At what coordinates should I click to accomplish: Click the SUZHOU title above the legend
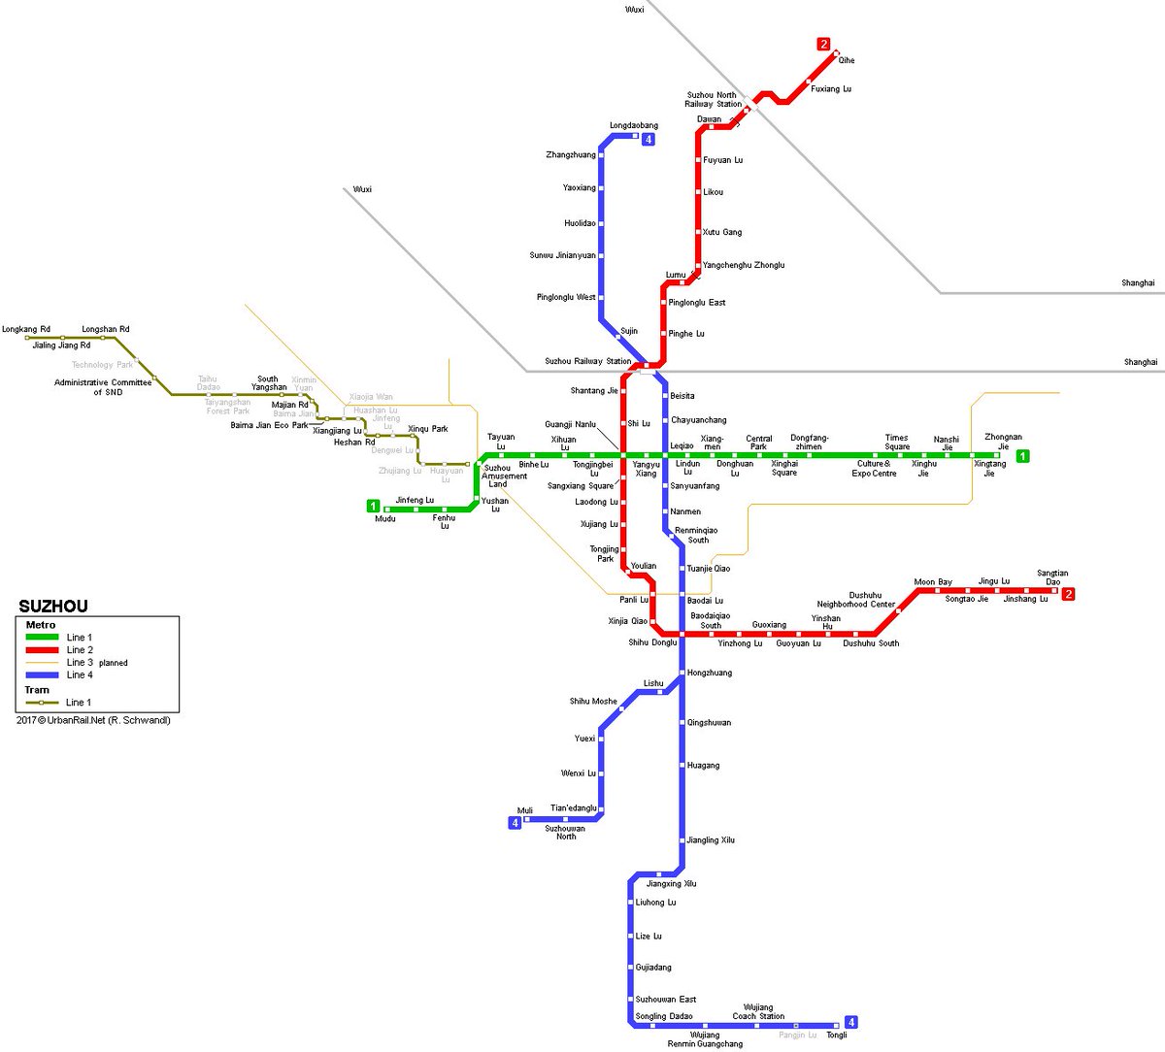pos(53,607)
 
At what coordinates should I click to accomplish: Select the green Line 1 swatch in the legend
pos(42,638)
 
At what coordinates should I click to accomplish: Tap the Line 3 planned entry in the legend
pos(96,663)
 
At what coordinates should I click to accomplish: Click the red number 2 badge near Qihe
pos(823,44)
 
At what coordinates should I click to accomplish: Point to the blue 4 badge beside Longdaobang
pos(649,139)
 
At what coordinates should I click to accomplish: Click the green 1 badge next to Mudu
pos(373,506)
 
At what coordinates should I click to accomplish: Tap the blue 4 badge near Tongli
pos(851,1022)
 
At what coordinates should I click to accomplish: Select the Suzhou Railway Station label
pos(587,361)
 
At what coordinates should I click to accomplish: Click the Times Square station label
pos(897,442)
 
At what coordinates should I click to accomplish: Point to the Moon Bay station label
pos(933,582)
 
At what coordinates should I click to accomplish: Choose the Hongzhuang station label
pos(710,673)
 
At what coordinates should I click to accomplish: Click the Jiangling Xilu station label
pos(711,840)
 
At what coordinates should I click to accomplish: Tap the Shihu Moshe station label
pos(593,701)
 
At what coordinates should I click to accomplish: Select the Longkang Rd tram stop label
pos(26,329)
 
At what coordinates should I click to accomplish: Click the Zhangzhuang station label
pos(571,155)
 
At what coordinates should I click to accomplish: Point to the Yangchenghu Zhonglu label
pos(744,265)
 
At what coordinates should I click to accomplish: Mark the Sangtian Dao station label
pos(1052,577)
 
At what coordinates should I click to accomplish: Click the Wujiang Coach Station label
pos(758,1011)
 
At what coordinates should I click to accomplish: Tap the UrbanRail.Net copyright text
pos(93,720)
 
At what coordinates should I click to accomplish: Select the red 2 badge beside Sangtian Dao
pos(1068,594)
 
